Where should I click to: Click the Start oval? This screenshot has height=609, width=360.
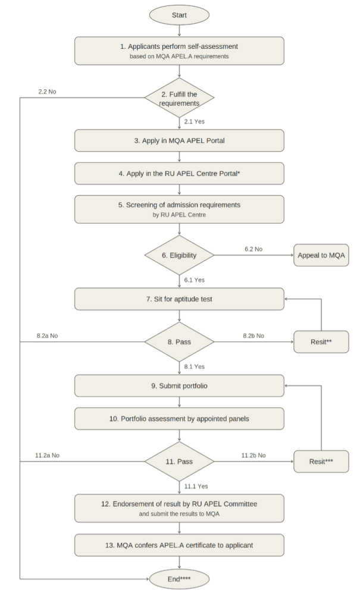tap(179, 15)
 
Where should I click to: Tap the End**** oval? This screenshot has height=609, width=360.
tap(179, 579)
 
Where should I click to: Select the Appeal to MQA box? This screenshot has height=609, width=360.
tap(321, 255)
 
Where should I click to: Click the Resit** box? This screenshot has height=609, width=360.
tap(321, 342)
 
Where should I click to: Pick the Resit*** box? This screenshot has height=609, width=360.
tap(321, 462)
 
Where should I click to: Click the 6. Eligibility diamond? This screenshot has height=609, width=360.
tap(179, 255)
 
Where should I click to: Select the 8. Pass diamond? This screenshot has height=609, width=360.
tap(179, 342)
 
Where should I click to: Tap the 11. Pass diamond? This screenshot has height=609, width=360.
tap(179, 462)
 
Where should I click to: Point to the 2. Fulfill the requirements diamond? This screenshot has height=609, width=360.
tap(179, 98)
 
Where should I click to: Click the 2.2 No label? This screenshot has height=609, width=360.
tap(47, 92)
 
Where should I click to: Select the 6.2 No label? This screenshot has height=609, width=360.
tap(253, 249)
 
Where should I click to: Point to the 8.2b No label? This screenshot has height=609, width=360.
tap(253, 335)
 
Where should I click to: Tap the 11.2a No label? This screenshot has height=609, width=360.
tap(47, 455)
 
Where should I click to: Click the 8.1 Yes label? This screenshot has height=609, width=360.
tap(195, 366)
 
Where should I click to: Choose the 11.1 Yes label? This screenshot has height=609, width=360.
tap(196, 486)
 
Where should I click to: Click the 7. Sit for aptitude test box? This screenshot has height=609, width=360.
tap(179, 299)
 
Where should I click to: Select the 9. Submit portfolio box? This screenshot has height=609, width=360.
tap(179, 385)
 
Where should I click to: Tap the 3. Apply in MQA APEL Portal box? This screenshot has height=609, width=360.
tap(179, 140)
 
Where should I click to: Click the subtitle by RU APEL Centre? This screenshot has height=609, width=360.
tap(179, 215)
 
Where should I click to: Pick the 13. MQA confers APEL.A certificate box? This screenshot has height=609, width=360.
tap(179, 545)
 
